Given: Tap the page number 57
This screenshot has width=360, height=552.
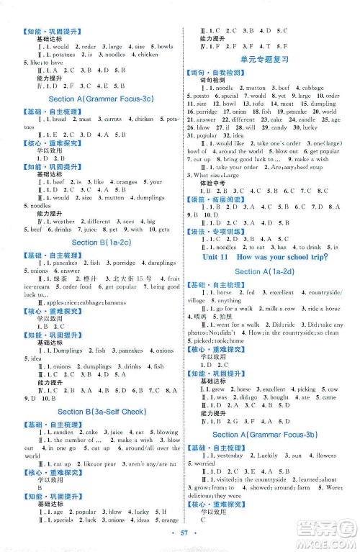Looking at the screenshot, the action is click(179, 539).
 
